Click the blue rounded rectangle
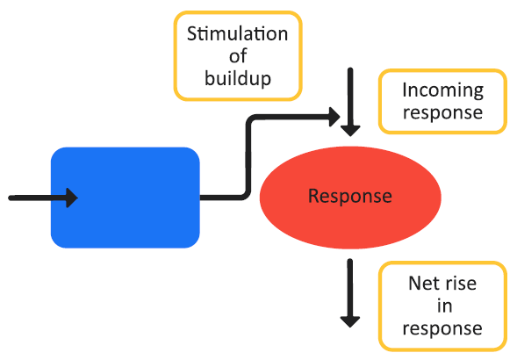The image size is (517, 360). [x=126, y=198]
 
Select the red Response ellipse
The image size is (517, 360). [x=350, y=196]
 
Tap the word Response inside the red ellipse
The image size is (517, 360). [x=350, y=196]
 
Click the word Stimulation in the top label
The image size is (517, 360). [x=238, y=34]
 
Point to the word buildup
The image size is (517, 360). [x=238, y=78]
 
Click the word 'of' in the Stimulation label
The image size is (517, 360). [x=238, y=56]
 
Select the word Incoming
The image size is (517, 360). [x=442, y=90]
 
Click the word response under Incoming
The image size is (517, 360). [x=442, y=112]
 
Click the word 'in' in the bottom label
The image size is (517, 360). [x=442, y=306]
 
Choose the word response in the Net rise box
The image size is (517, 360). [x=442, y=328]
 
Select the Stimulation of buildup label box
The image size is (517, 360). [x=238, y=55]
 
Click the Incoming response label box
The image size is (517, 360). [x=442, y=101]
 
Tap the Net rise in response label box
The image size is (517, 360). [x=442, y=306]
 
